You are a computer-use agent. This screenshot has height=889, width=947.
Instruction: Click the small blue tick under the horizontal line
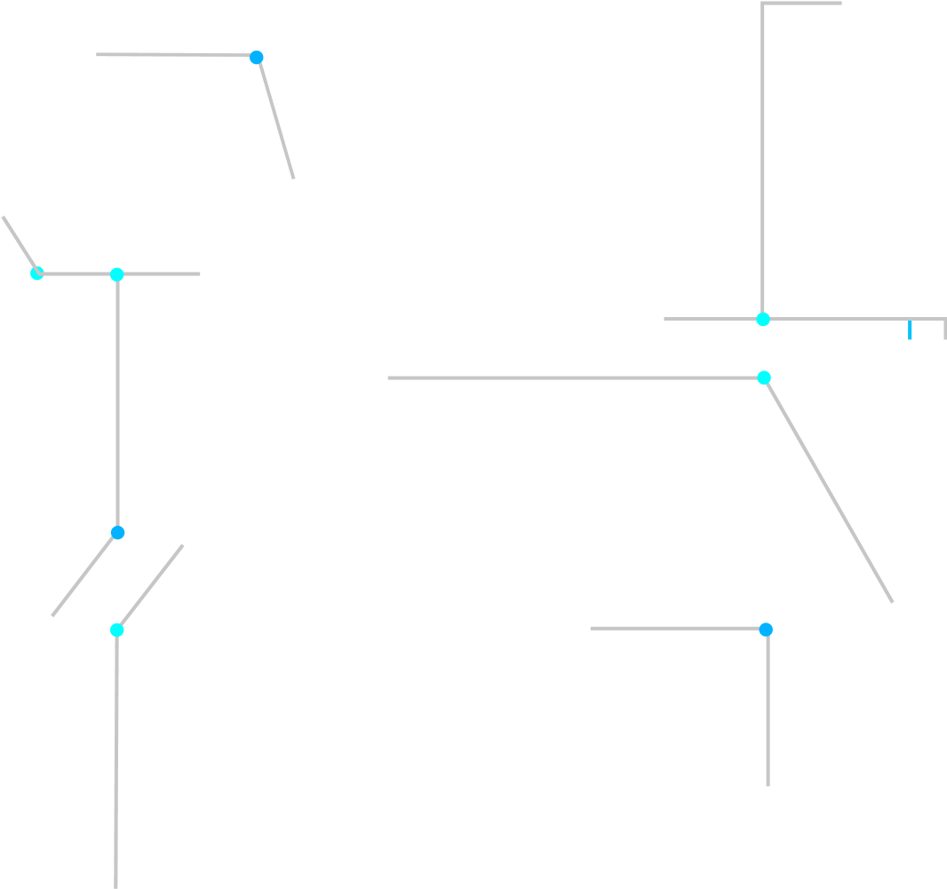tap(910, 330)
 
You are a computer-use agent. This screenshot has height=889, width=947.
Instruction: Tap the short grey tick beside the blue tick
tap(944, 329)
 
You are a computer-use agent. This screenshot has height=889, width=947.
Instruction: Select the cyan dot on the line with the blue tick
tap(763, 319)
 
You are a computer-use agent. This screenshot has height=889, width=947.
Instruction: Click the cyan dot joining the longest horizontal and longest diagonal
tap(764, 377)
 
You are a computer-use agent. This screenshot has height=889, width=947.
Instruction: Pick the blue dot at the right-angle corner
tap(766, 630)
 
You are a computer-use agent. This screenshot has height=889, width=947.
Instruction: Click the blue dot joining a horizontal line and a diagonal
tap(257, 58)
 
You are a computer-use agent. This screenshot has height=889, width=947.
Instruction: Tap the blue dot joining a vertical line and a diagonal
tap(117, 533)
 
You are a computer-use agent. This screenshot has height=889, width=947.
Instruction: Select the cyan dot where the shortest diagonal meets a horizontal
tap(36, 273)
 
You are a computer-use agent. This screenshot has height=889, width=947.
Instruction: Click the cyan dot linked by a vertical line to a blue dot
tap(116, 274)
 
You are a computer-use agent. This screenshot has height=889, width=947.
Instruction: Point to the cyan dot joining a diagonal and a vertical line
tap(116, 630)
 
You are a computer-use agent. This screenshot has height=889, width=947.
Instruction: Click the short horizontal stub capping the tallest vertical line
tap(802, 4)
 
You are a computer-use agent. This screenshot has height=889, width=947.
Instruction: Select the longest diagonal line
tap(829, 490)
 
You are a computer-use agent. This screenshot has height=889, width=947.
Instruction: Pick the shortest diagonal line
tap(19, 243)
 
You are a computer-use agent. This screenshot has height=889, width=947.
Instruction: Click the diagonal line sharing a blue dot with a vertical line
tap(84, 575)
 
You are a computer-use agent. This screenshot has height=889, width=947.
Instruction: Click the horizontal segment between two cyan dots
tap(76, 274)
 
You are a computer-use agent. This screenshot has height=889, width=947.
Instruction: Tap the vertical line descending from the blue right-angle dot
tap(768, 710)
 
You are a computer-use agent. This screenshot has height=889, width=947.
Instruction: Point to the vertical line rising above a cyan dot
tap(762, 160)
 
